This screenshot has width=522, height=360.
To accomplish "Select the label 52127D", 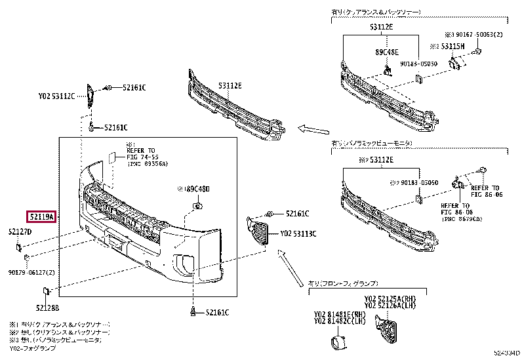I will [x=20, y=231].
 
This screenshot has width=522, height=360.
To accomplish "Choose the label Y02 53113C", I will [x=298, y=233].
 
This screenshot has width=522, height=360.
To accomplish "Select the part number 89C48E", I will [x=387, y=51].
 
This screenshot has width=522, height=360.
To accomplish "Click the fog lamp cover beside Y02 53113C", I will [x=260, y=229].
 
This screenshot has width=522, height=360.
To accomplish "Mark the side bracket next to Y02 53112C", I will [x=90, y=98].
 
